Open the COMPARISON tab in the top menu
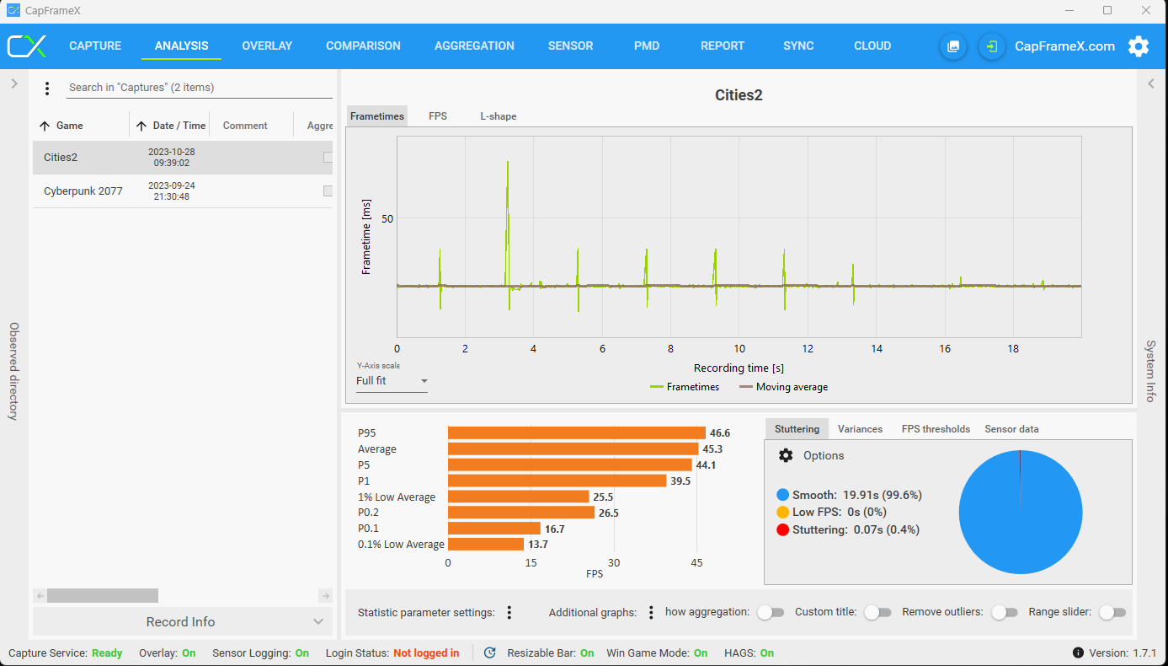[363, 46]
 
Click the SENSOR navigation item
[570, 46]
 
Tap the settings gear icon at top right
[1139, 46]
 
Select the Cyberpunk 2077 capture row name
[83, 191]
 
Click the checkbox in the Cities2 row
[328, 157]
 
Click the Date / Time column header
[179, 126]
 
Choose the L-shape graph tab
[498, 116]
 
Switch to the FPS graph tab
[438, 115]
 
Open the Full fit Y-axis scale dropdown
[392, 381]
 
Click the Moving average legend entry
[784, 387]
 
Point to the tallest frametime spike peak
[507, 162]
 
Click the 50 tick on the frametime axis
[387, 218]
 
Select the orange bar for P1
[557, 481]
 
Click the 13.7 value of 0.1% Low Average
[538, 545]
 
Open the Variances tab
[860, 429]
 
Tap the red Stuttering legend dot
[782, 529]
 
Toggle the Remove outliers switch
[1005, 612]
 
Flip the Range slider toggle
[1112, 612]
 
